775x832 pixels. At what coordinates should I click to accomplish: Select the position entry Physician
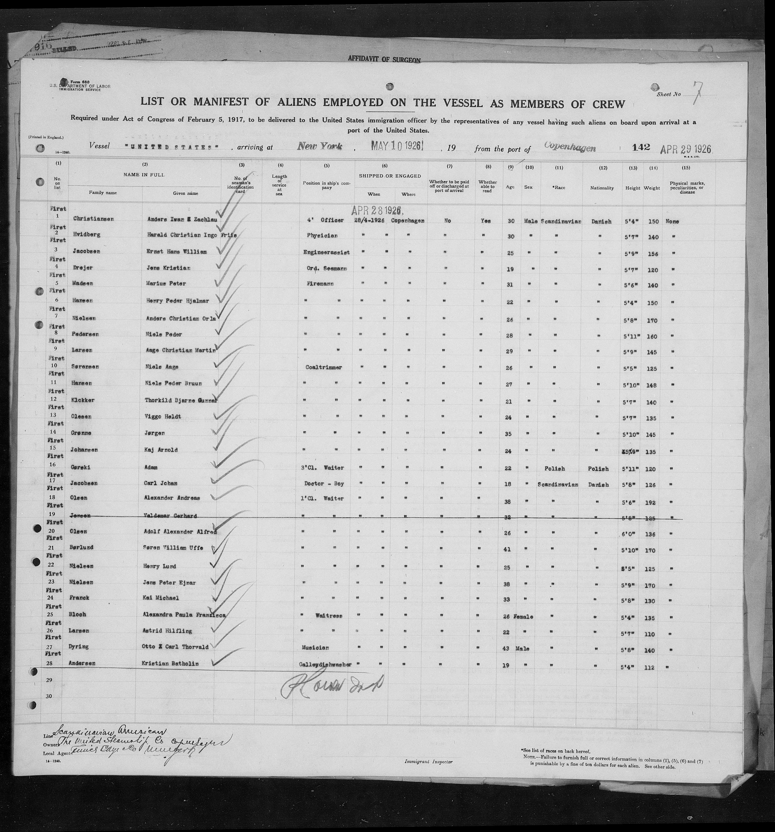coord(322,236)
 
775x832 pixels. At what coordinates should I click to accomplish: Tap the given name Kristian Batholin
coord(173,663)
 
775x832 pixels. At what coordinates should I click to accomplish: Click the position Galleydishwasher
coord(325,664)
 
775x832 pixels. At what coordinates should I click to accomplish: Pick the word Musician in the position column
coord(314,647)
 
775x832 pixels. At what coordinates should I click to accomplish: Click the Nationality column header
coord(602,188)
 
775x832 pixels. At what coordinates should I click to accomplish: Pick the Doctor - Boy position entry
coord(324,483)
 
